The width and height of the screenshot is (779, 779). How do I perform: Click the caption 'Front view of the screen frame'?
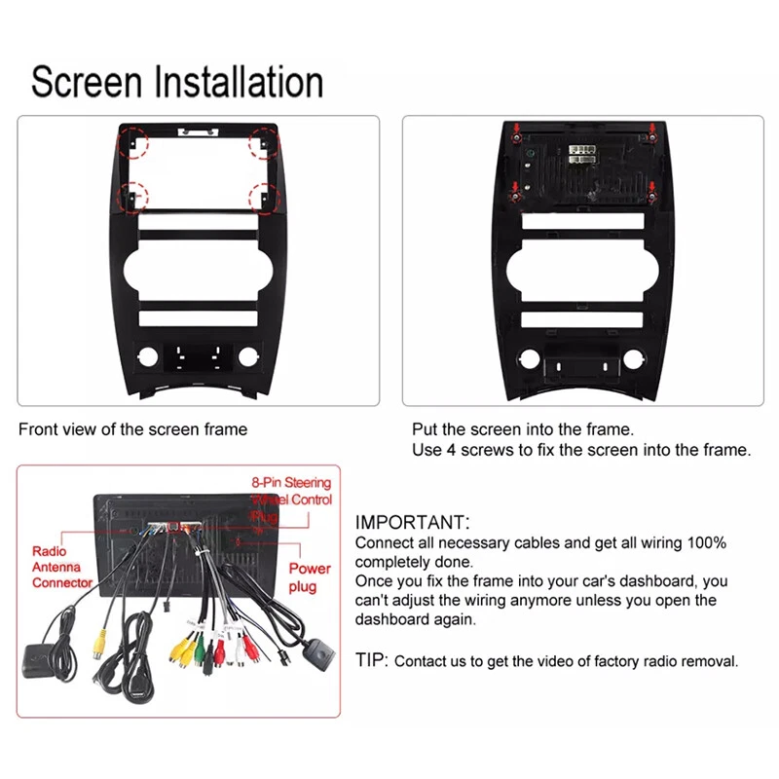[132, 429]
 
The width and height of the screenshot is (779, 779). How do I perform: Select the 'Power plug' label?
[309, 577]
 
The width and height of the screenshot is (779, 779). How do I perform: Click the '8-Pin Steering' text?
[291, 483]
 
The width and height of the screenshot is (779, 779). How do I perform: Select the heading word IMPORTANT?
[412, 523]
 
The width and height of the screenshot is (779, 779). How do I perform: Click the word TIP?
[371, 661]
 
